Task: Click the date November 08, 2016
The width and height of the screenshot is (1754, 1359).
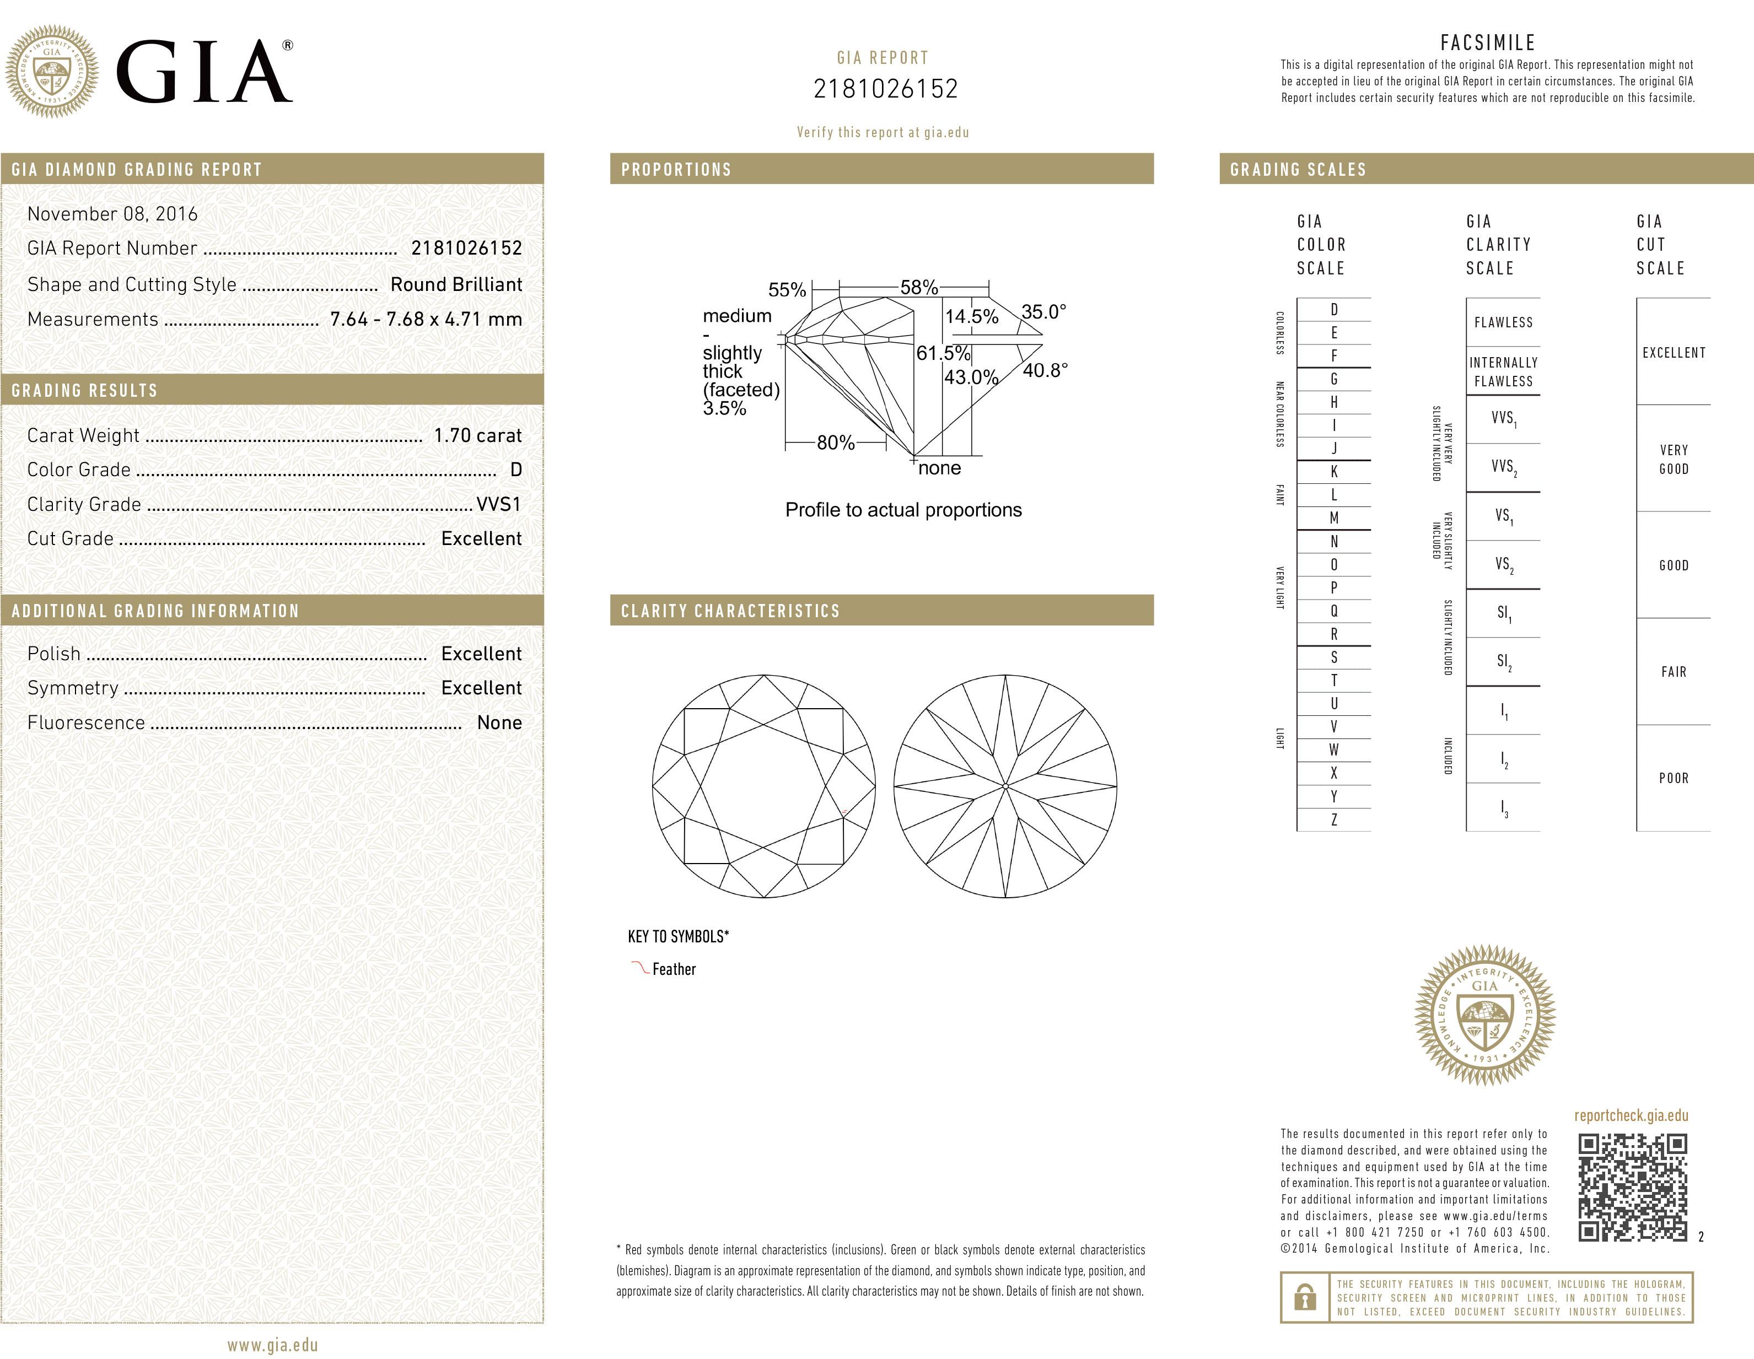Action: click(112, 213)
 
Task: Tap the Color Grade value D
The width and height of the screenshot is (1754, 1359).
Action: click(515, 470)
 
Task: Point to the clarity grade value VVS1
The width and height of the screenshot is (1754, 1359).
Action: click(499, 504)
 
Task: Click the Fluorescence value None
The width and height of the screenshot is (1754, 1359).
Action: click(499, 722)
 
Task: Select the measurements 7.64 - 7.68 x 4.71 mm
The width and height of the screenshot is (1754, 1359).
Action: click(426, 319)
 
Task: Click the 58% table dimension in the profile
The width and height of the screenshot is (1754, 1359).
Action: click(919, 287)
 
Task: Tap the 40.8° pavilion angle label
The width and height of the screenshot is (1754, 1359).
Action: click(1045, 370)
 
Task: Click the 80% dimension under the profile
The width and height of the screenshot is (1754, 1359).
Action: click(835, 443)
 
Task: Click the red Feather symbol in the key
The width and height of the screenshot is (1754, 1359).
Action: click(640, 967)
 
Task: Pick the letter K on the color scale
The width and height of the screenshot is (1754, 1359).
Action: click(1334, 471)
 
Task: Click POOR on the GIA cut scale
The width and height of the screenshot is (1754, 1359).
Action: click(1674, 778)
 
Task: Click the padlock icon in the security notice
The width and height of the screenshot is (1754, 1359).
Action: click(1305, 1297)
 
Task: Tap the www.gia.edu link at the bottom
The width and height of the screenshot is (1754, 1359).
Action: click(272, 1345)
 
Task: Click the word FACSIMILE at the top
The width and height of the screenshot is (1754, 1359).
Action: click(1487, 42)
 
